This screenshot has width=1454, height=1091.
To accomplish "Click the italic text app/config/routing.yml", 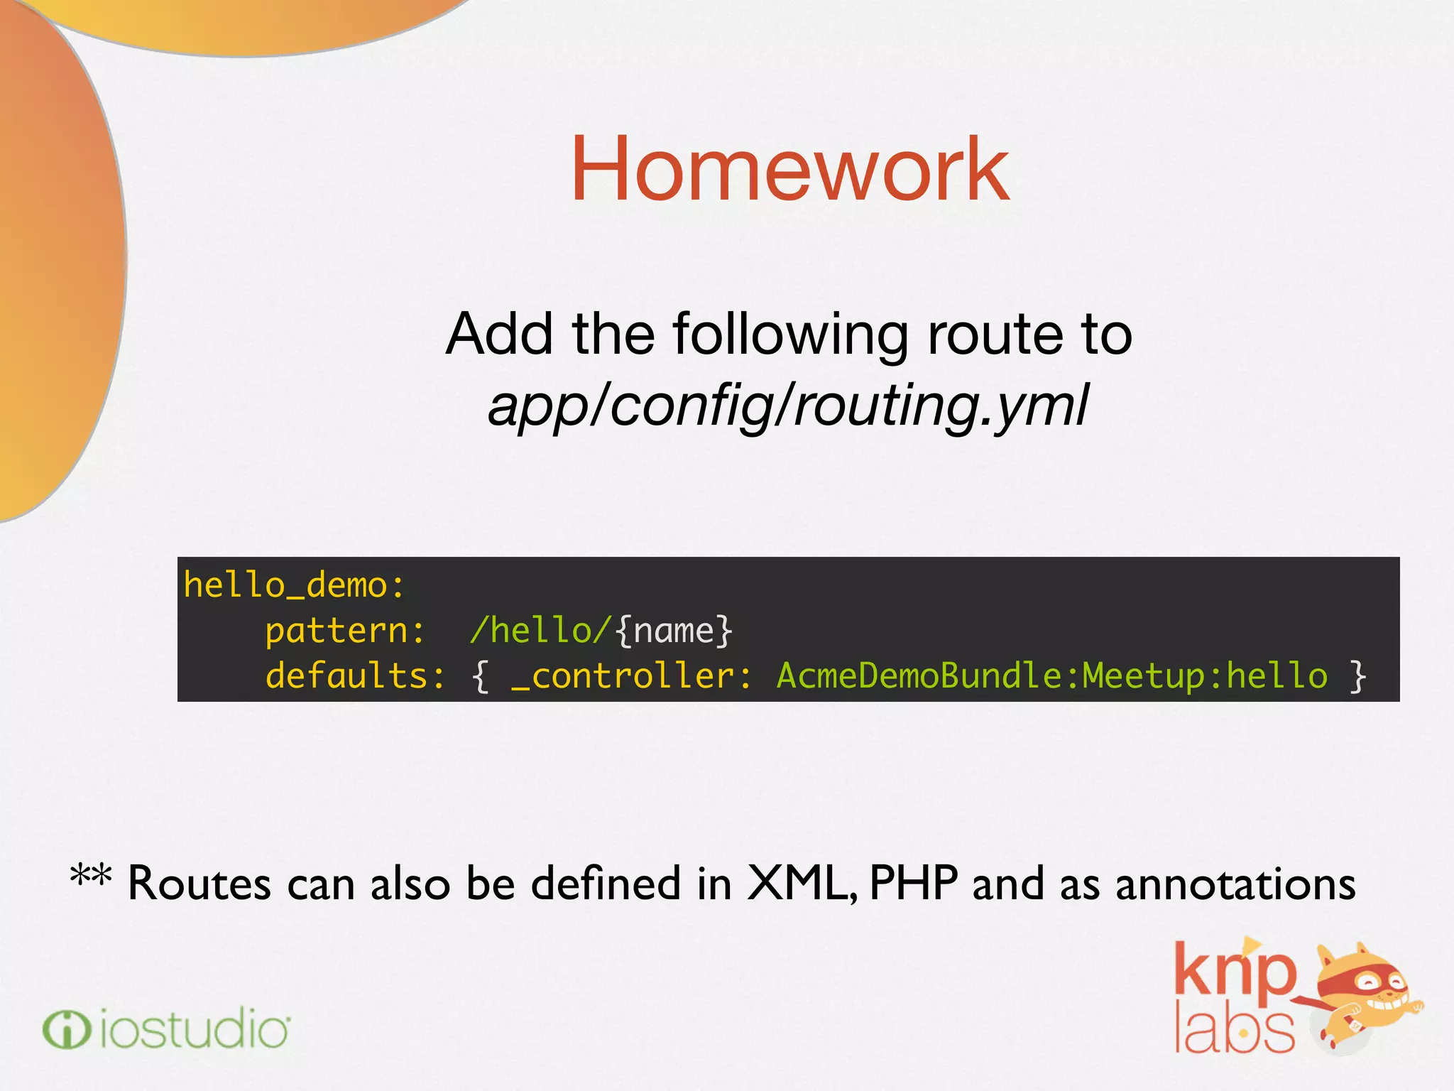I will (788, 405).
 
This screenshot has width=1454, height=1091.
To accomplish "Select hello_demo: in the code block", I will (294, 585).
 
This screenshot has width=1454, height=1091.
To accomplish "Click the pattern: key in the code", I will (345, 631).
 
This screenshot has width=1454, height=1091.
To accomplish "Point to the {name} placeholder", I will (674, 631).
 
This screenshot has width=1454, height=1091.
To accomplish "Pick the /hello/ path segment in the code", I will (540, 631).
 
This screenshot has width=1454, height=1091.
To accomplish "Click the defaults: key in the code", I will (355, 675).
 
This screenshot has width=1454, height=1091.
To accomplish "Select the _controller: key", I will (631, 675).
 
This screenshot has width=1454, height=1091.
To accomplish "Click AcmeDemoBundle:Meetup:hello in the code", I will (1051, 675).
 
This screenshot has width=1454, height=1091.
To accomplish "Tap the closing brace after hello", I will (1357, 675).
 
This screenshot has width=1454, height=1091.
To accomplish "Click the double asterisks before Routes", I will (91, 877).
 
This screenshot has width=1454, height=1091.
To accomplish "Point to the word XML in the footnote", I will (801, 884).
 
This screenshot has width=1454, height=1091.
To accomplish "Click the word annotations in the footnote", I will (1235, 884).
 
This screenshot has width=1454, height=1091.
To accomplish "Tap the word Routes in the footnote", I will (199, 884).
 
